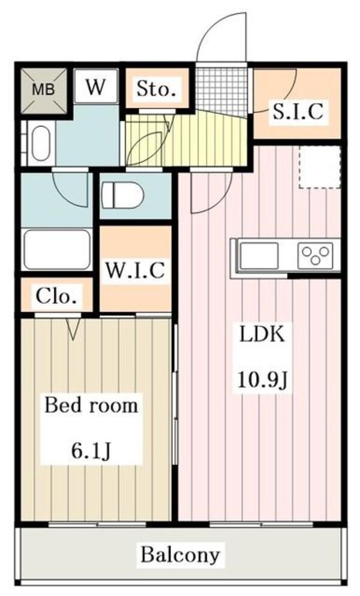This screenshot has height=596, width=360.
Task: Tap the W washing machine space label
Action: [x=95, y=88]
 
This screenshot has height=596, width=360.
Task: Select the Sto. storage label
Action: [x=156, y=91]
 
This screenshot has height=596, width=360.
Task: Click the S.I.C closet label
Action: [x=298, y=112]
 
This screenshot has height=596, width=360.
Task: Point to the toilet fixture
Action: [x=122, y=195]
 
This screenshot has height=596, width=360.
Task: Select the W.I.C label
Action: [x=135, y=270]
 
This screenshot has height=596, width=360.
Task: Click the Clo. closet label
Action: [x=57, y=296]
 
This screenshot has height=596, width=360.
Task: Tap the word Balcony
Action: [x=180, y=554]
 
